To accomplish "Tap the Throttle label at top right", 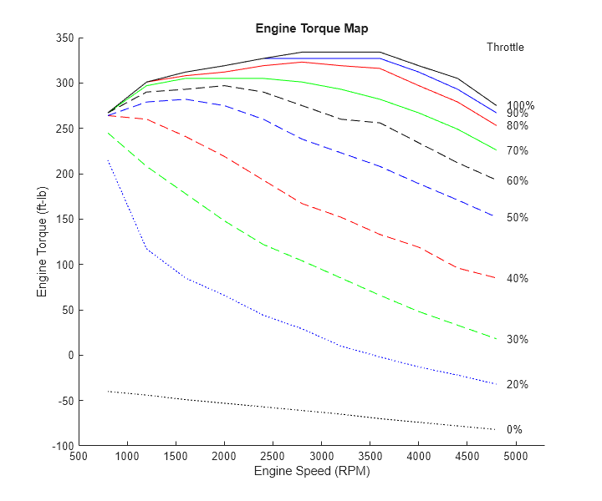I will tap(505, 48).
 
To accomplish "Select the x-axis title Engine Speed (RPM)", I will tap(311, 472).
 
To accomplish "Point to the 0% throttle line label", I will tap(514, 430).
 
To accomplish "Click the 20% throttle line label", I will tap(517, 385).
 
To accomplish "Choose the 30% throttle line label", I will tap(517, 340).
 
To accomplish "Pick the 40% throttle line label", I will tap(517, 279).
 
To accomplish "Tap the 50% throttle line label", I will tap(517, 218).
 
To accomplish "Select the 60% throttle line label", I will tap(517, 181).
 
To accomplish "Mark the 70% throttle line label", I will tap(517, 151).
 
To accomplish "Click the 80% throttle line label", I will tap(517, 126).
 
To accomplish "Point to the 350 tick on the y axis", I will tap(64, 38).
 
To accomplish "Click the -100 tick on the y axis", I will tap(62, 446).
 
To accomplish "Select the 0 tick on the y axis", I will tap(69, 356).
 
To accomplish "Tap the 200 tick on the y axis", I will tap(64, 175).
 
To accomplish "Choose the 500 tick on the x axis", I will tap(79, 457).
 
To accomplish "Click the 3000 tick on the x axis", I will tap(321, 457).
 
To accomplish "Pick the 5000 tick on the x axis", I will tap(515, 457).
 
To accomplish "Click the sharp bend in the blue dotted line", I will tap(147, 249).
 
